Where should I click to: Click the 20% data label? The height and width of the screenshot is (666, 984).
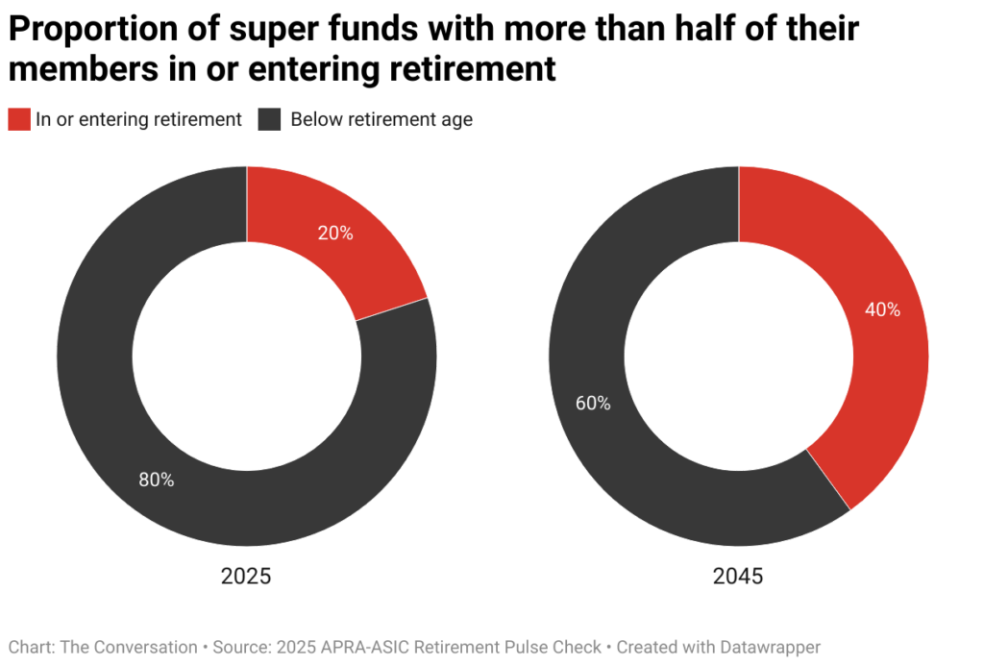(335, 233)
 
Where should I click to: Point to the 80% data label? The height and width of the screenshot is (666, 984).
(157, 480)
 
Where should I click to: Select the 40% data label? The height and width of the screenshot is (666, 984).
(882, 309)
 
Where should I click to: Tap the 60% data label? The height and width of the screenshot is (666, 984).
(593, 404)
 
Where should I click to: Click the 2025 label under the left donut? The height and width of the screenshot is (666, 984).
(246, 577)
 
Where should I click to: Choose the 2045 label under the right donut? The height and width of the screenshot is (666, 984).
(738, 577)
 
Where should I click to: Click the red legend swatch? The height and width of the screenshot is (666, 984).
(18, 119)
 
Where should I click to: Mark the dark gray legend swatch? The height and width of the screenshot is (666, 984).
(269, 119)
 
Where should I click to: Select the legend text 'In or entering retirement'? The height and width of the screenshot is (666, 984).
(138, 119)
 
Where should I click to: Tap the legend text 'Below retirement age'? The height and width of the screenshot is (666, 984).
(381, 119)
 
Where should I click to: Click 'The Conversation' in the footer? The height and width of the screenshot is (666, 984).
(129, 647)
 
